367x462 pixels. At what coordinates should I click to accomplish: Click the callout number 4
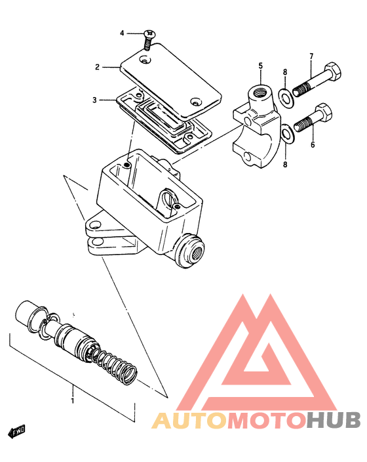122,33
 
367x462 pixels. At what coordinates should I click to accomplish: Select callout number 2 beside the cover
97,67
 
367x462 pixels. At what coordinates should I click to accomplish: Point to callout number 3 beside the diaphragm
94,100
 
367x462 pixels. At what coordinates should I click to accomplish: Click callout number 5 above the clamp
260,66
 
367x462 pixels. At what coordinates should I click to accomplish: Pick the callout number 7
311,56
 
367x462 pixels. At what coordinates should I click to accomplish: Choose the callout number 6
313,144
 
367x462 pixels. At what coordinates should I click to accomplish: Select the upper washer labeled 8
285,96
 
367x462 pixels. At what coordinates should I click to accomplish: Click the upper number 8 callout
285,72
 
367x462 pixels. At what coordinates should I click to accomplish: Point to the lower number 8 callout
285,164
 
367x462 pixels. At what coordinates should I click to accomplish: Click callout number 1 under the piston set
72,401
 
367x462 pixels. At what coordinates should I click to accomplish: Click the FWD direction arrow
16,432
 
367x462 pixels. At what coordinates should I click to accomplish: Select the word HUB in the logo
333,421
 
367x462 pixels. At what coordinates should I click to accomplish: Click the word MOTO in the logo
267,421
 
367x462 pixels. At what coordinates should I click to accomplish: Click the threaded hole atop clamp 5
260,93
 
